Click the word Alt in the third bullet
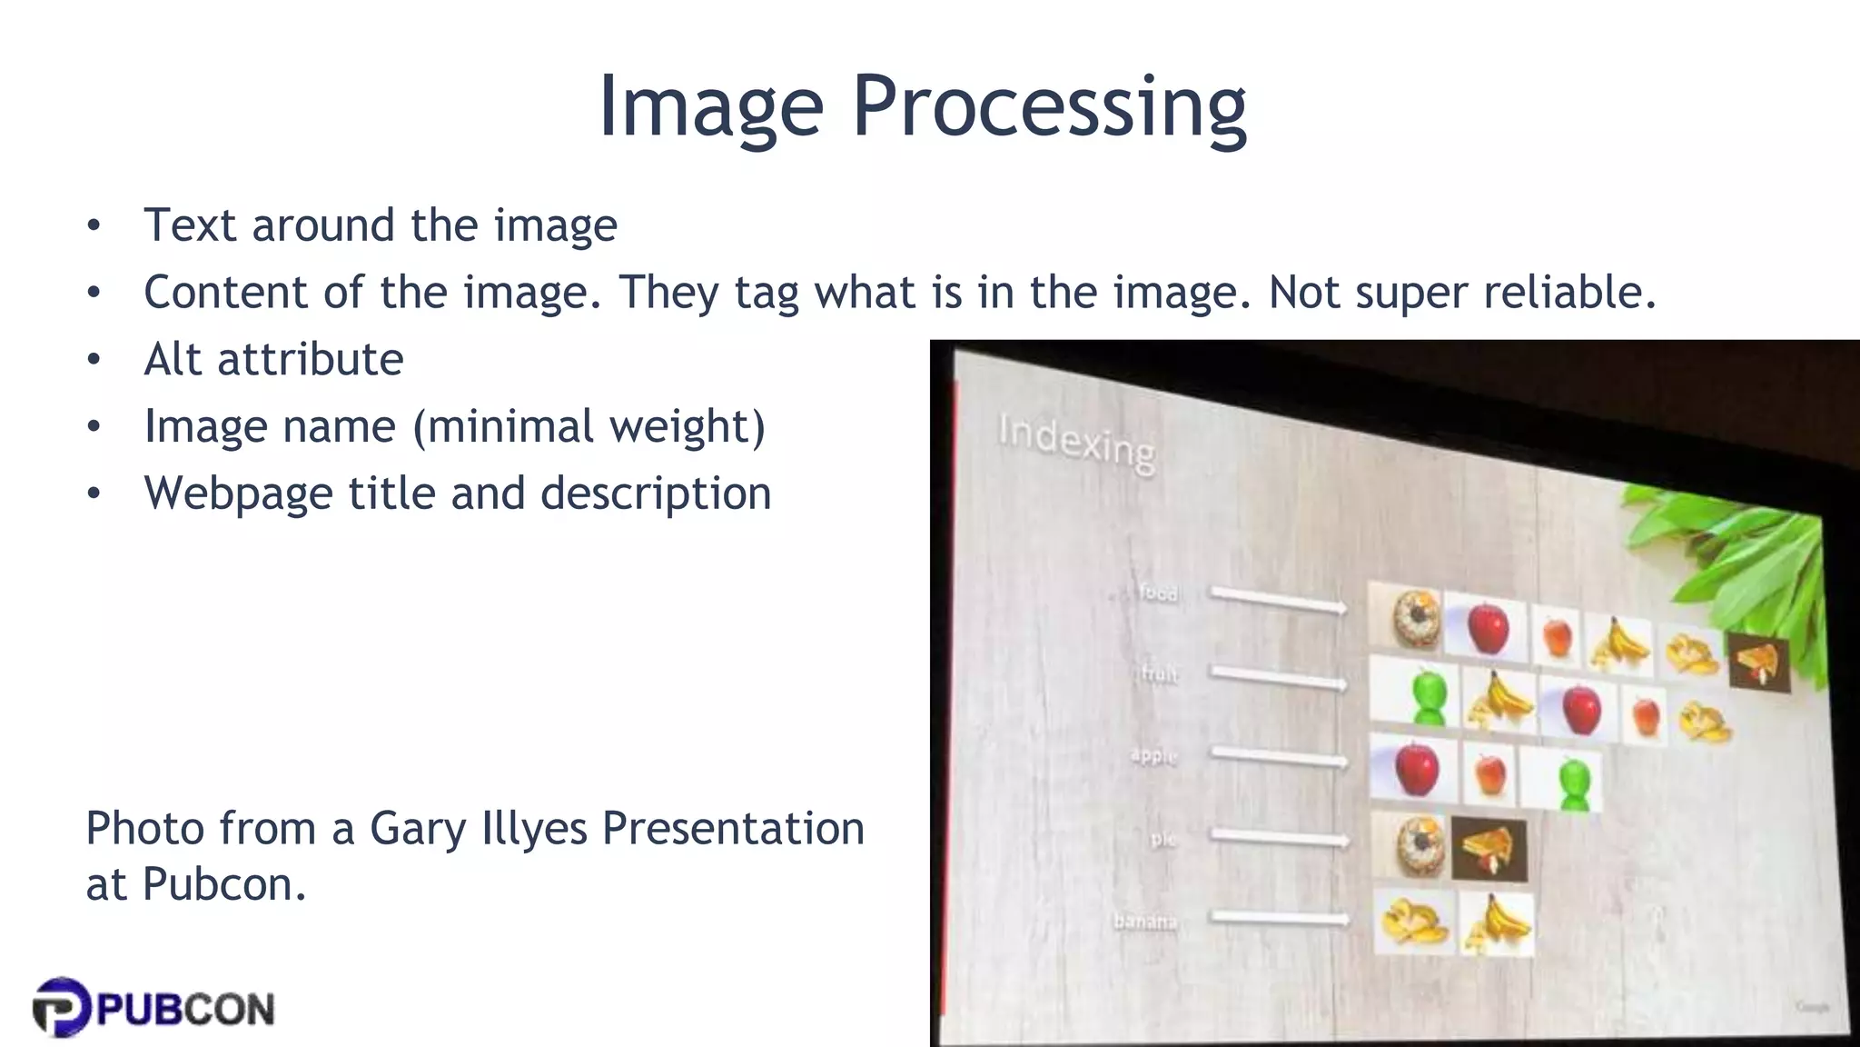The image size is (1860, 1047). point(173,359)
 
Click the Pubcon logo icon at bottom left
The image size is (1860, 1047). point(62,1007)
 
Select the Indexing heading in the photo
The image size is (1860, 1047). point(1076,443)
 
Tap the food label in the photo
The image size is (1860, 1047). point(1159,593)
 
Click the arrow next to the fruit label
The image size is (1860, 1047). point(1279,677)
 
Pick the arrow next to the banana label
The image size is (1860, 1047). point(1281,918)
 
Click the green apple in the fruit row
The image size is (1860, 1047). point(1429,698)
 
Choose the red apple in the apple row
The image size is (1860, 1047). point(1416,768)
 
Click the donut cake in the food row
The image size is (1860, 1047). point(1416,618)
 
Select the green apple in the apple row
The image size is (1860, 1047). point(1576,783)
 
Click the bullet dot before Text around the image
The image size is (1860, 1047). point(94,225)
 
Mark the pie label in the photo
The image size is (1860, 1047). point(1162,839)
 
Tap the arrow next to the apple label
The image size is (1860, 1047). point(1279,756)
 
